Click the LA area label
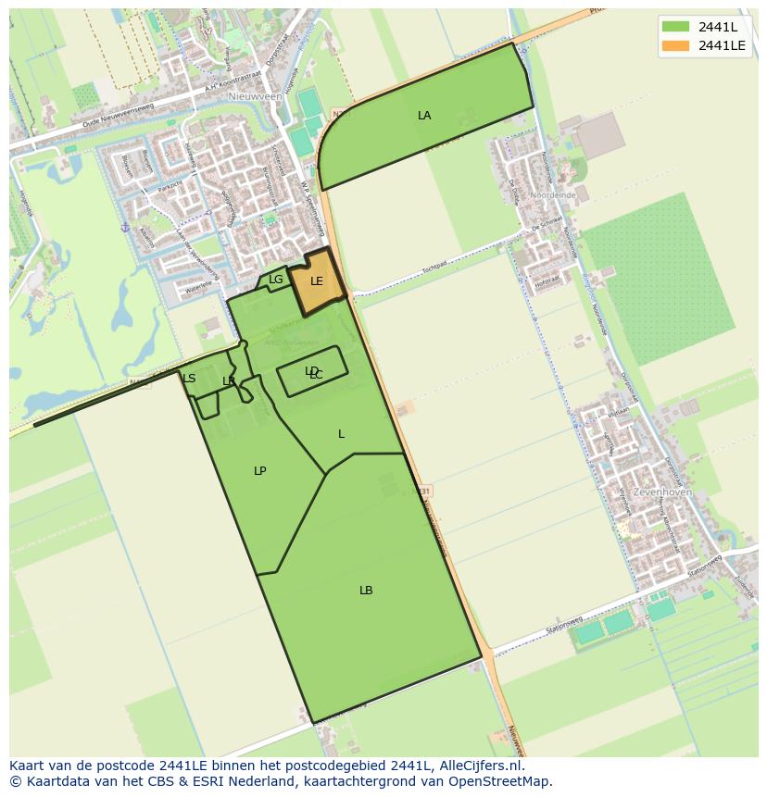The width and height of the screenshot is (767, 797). (424, 116)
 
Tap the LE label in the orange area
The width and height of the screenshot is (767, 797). (317, 281)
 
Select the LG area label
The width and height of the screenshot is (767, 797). (276, 280)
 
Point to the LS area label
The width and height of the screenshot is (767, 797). (189, 379)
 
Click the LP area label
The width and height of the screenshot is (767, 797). (260, 471)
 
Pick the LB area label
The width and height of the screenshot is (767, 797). (366, 591)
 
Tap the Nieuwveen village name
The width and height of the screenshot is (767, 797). (255, 95)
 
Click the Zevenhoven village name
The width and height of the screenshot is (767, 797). (660, 492)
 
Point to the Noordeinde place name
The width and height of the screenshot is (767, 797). (555, 196)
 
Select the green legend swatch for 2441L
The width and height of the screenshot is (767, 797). (676, 26)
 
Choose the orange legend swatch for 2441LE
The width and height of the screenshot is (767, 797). (676, 44)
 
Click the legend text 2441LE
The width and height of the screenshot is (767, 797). (723, 44)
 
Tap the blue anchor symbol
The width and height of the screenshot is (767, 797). (124, 227)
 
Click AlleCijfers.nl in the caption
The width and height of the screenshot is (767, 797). (478, 766)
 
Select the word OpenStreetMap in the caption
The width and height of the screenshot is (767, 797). (508, 781)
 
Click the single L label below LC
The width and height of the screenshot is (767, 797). (341, 434)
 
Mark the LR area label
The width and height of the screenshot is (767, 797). (229, 381)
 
